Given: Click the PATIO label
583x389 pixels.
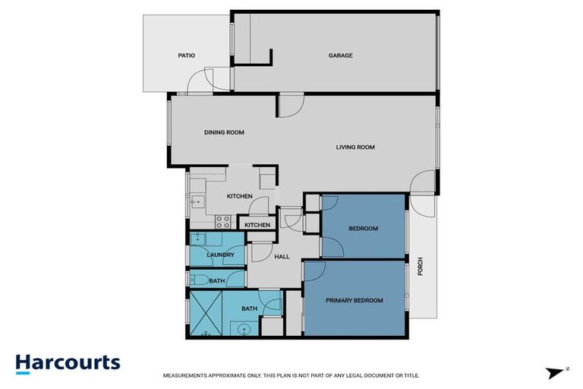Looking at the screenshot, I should point(187,55).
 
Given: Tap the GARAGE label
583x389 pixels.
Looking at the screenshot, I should point(340,55).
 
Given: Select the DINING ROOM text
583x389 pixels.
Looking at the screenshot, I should point(224,132).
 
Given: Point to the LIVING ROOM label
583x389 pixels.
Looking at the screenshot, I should point(355,147).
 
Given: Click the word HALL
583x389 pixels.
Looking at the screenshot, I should point(282,257).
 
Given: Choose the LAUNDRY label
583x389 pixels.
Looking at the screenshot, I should point(217,255).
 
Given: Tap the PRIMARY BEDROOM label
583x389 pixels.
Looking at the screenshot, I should point(355,301).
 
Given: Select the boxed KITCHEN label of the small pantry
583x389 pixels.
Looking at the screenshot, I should point(257,225).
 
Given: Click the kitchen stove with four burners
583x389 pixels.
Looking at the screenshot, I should point(223,222).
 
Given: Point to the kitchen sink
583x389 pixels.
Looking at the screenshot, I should point(196,202).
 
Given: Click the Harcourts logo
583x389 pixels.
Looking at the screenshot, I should point(68,362).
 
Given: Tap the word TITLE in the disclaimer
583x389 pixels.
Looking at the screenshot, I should point(410,375).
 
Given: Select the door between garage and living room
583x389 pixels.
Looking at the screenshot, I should point(290,106).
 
